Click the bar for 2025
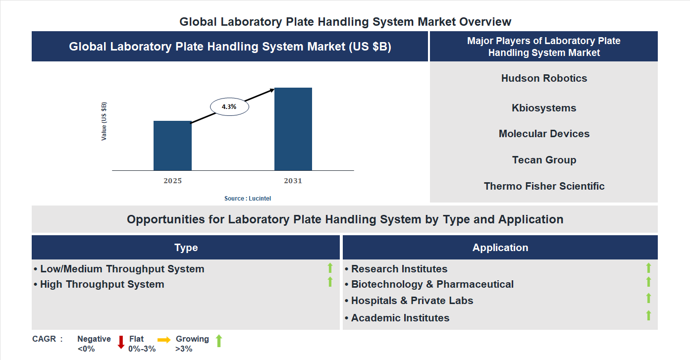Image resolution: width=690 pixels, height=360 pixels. coord(172,146)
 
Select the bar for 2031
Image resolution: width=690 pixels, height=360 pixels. coord(293,129)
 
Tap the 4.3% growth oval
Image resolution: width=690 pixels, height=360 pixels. coord(229,106)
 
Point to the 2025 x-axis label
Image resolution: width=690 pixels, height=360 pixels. coord(172,181)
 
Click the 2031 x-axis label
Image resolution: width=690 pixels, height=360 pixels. coord(293,181)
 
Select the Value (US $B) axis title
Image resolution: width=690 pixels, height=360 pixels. coord(104,121)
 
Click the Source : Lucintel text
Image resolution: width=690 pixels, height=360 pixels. coord(248,198)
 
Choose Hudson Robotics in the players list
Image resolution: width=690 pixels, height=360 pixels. coord(544,78)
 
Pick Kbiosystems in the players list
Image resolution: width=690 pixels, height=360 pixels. coord(544,108)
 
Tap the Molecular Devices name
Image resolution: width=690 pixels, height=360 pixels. coord(544,134)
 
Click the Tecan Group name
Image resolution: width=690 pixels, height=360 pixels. coord(544,160)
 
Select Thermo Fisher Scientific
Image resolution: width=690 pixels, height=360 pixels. coord(544,186)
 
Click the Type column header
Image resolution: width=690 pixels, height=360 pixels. coord(186,248)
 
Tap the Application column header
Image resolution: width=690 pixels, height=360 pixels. coord(500,248)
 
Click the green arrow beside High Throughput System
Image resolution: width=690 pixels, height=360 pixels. coord(330,282)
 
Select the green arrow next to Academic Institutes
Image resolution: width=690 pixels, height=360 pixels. coord(648,315)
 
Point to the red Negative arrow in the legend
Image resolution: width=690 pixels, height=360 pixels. coord(121,342)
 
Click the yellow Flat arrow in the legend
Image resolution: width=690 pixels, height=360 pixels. coord(164,340)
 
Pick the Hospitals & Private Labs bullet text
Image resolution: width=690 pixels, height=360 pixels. coord(412,301)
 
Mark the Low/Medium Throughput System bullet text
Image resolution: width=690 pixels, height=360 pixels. coord(122,269)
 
